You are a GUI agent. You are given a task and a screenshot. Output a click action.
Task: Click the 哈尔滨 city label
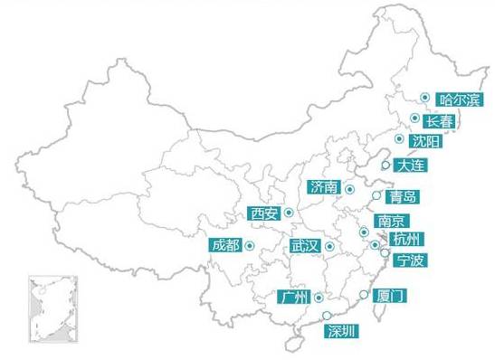point(459,99)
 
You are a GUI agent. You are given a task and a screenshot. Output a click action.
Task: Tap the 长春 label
point(440,120)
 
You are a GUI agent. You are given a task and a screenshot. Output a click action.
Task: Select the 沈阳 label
point(426,141)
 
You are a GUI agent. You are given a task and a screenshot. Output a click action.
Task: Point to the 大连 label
point(409,166)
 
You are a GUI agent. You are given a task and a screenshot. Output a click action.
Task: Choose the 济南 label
point(323,188)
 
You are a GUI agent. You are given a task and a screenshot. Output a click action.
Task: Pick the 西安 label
point(264,214)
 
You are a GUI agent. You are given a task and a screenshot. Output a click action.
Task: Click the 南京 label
point(391,221)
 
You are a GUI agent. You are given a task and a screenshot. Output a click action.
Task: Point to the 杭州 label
point(406,239)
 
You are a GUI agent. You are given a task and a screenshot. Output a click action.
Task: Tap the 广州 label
point(295,298)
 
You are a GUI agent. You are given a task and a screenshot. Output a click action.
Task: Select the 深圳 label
point(342,330)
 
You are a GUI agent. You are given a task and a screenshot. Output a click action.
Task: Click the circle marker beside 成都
point(249,245)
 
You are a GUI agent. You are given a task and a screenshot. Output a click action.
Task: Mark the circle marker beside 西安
point(289,213)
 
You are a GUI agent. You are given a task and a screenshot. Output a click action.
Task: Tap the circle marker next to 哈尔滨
point(424,97)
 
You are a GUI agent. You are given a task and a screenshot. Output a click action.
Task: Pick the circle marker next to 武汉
point(330,246)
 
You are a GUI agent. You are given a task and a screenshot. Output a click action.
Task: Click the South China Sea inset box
point(52,310)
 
